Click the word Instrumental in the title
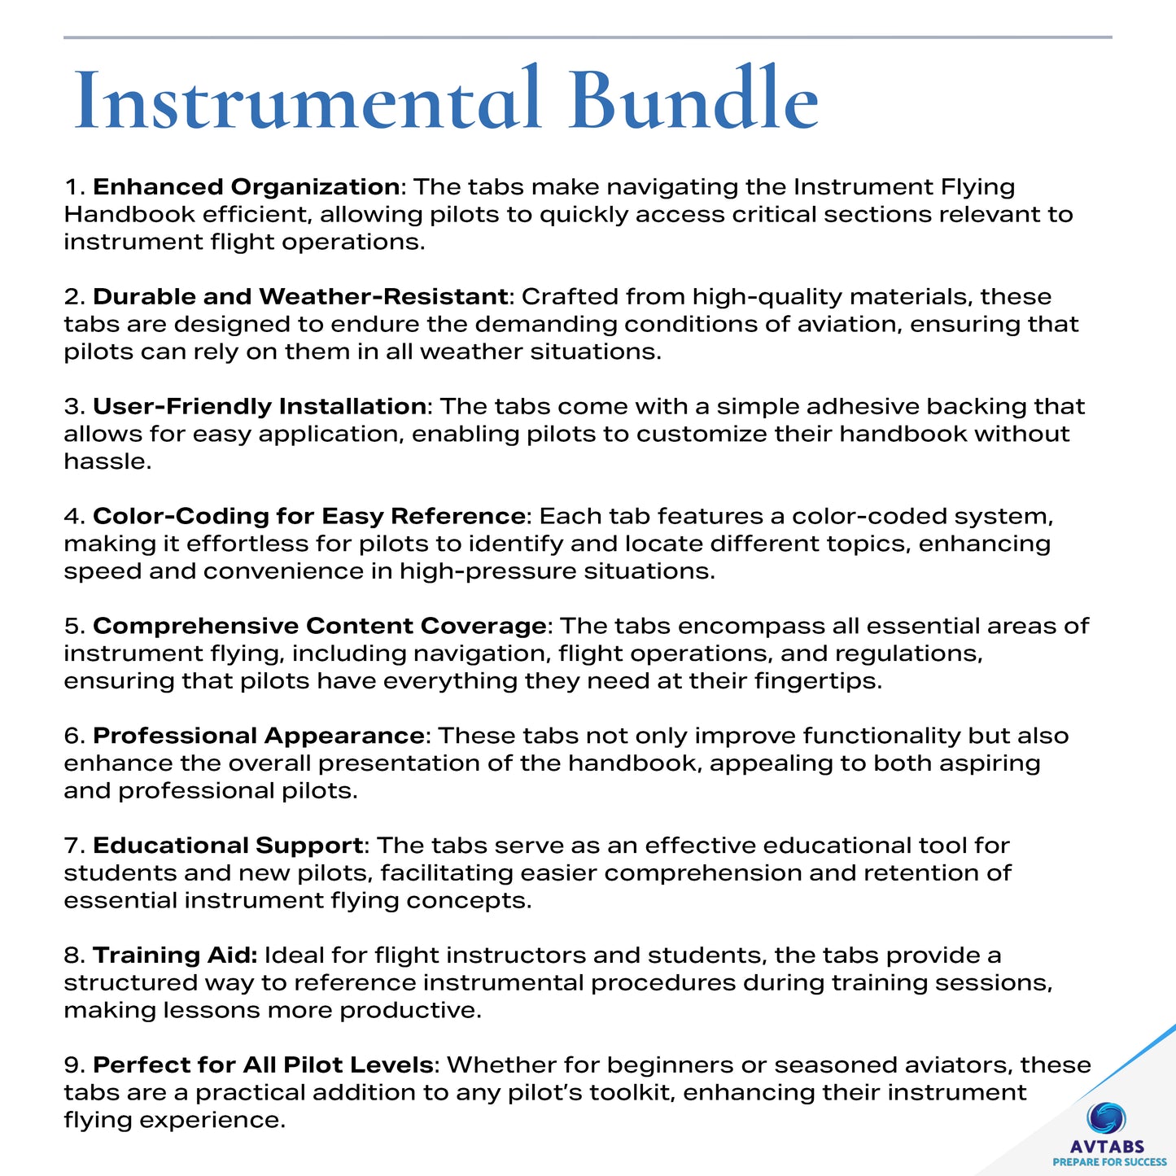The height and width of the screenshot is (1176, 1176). [x=308, y=101]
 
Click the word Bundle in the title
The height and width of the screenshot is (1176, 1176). [x=693, y=101]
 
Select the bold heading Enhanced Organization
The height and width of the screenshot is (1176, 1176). [x=246, y=187]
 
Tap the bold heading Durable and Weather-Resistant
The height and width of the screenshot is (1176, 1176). [x=300, y=297]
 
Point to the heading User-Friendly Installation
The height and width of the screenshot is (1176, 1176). [x=260, y=407]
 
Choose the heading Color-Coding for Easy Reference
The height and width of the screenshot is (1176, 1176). [x=308, y=517]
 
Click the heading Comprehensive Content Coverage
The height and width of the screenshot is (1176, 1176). [x=319, y=627]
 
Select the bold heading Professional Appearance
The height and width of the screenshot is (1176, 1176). [x=258, y=737]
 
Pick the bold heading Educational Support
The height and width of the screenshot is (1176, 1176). [x=228, y=846]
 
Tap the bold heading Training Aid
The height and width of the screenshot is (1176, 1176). [x=175, y=955]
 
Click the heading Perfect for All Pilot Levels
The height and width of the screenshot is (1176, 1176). [x=263, y=1065]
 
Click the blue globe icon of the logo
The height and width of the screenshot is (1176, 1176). [x=1107, y=1119]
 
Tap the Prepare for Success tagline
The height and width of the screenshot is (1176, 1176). [x=1109, y=1162]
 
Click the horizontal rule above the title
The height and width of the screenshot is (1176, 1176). [x=588, y=37]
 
